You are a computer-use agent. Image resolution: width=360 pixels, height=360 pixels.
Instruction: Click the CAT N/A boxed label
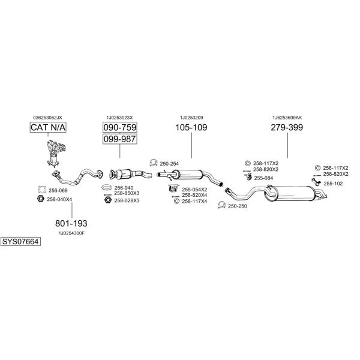(48, 127)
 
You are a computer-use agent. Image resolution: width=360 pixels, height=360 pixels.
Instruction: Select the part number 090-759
(120, 127)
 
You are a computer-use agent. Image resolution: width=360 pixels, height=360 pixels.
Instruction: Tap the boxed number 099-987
(120, 139)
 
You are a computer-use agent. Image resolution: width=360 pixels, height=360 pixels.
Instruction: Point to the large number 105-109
(191, 127)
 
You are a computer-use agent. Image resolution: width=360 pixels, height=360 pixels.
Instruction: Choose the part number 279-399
(287, 127)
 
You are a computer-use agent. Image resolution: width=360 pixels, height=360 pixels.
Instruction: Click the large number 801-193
(71, 223)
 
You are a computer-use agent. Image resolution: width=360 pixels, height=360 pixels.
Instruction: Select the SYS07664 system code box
(20, 242)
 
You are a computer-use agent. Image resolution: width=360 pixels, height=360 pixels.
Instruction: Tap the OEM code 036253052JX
(47, 118)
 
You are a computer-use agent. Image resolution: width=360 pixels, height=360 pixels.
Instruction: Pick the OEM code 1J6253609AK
(287, 118)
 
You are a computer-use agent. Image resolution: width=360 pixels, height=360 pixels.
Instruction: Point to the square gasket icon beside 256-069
(42, 190)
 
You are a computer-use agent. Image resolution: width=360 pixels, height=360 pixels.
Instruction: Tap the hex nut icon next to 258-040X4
(41, 199)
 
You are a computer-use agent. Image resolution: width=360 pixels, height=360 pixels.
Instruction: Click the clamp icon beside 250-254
(153, 163)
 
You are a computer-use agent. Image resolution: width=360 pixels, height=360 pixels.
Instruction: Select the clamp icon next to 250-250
(221, 205)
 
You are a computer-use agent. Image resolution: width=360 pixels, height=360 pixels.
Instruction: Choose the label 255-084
(263, 178)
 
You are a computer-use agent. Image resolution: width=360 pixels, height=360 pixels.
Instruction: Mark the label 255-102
(333, 184)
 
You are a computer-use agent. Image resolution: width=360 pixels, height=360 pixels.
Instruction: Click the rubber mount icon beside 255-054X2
(173, 188)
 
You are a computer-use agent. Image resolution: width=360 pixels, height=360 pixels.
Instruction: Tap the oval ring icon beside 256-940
(107, 187)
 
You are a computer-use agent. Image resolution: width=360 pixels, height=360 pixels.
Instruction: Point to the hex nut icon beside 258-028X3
(107, 200)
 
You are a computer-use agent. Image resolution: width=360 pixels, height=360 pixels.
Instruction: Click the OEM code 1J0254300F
(71, 233)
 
